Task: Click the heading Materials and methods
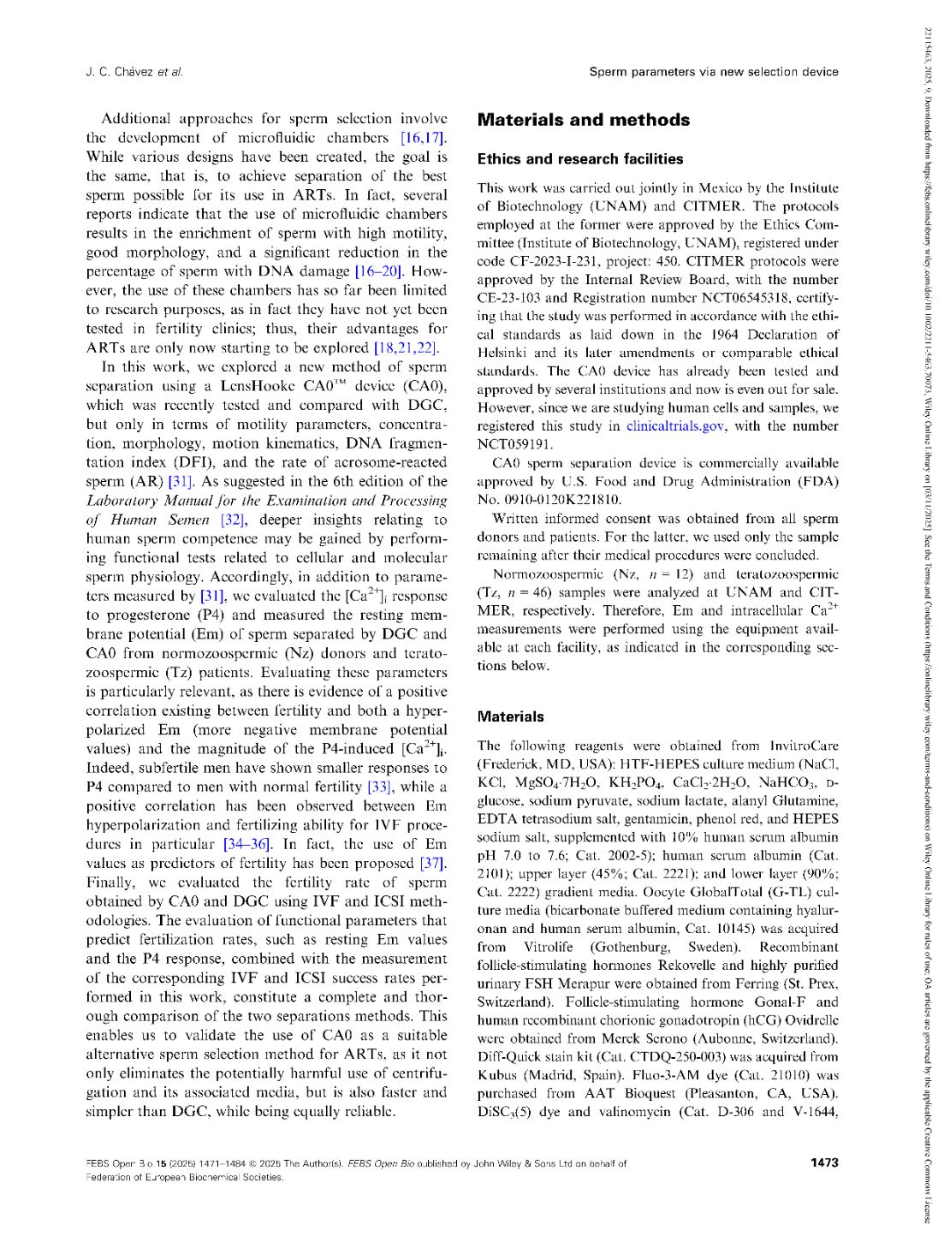pos(583,121)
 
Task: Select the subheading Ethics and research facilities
pos(579,159)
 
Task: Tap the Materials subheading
pos(510,716)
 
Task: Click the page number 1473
pos(824,1162)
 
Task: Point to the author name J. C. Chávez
pos(119,72)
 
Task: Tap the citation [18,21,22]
pos(406,348)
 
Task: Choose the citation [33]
pos(380,787)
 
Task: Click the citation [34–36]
pos(247,844)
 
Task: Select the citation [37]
pos(432,863)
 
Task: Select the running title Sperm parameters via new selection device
pos(713,72)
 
